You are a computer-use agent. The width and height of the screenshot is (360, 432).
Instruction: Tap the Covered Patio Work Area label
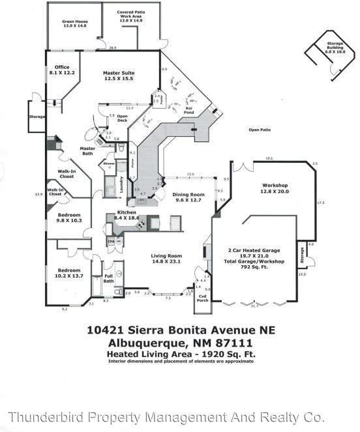click(x=130, y=16)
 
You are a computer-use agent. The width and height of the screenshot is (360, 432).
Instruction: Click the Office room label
click(x=62, y=69)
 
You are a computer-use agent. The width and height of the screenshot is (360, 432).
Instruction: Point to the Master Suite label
click(x=119, y=76)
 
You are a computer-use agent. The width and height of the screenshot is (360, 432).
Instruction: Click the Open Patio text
click(x=259, y=130)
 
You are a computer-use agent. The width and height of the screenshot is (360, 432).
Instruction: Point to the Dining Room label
click(x=188, y=197)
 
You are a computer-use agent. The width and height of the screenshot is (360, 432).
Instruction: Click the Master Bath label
click(x=87, y=151)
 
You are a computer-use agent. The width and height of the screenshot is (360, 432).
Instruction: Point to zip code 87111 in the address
click(x=235, y=343)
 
